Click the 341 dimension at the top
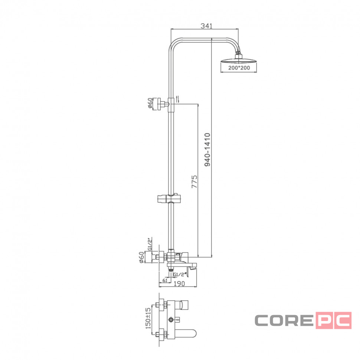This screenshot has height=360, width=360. pyautogui.click(x=206, y=26)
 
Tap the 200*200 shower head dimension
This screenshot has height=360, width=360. pyautogui.click(x=239, y=68)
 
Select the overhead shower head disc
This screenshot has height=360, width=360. pyautogui.click(x=238, y=60)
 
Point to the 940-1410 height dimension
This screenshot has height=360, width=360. pyautogui.click(x=207, y=150)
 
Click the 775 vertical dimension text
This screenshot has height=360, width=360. pyautogui.click(x=194, y=181)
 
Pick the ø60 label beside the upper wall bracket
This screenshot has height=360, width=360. pyautogui.click(x=150, y=103)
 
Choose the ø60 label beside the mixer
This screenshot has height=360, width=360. pyautogui.click(x=142, y=257)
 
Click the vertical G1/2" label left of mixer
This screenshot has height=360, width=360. pyautogui.click(x=150, y=244)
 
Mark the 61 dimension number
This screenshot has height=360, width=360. pyautogui.click(x=165, y=280)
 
